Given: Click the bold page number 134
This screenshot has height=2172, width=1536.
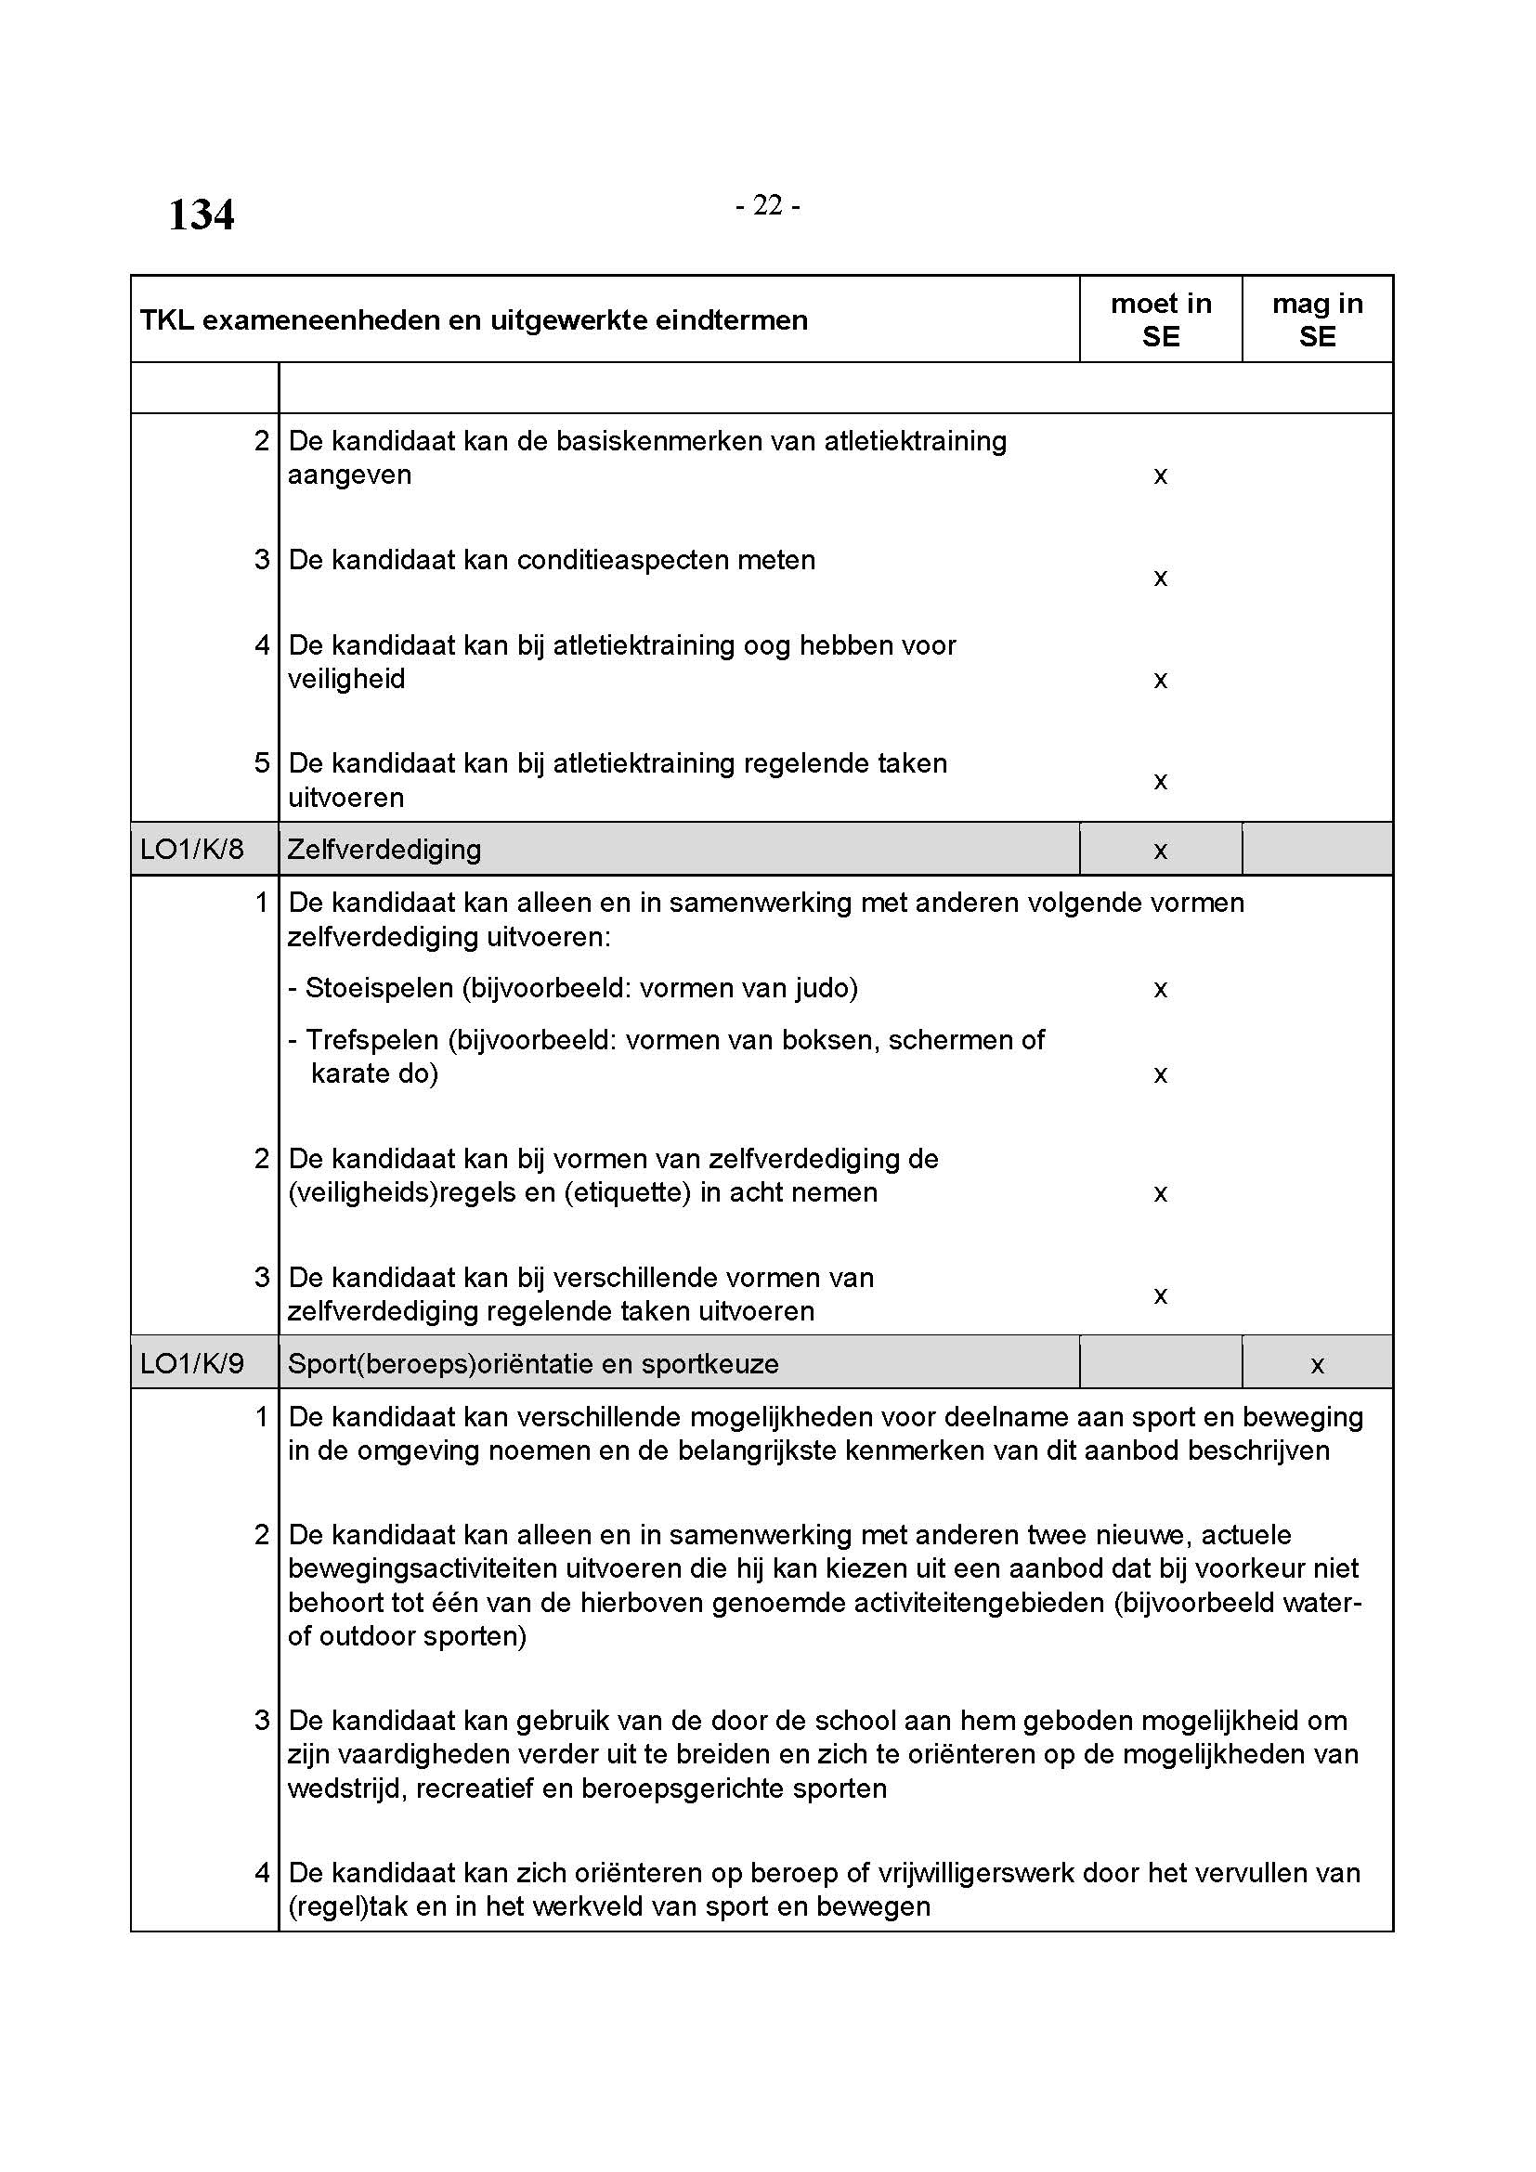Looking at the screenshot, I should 201,215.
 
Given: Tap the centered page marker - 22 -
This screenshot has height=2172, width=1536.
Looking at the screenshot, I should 767,205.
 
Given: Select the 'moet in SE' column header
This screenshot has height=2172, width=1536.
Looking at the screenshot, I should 1161,319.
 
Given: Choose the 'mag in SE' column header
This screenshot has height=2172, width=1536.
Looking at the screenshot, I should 1317,319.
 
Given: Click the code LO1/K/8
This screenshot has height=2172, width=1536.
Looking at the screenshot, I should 192,850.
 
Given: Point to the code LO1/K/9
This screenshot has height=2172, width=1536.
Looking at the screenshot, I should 192,1363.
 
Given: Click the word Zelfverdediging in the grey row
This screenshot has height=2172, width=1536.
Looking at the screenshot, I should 384,850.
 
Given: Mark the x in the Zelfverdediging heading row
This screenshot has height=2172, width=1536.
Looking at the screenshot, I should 1161,852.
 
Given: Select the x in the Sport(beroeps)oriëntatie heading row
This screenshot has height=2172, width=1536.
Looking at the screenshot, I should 1317,1365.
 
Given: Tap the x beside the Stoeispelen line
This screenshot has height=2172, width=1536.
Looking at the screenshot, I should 1161,990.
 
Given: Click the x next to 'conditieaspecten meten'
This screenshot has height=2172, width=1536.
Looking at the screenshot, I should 1161,578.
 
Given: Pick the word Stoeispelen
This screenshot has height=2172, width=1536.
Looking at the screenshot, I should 378,989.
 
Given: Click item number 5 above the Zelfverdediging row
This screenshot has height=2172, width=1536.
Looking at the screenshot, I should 262,763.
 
